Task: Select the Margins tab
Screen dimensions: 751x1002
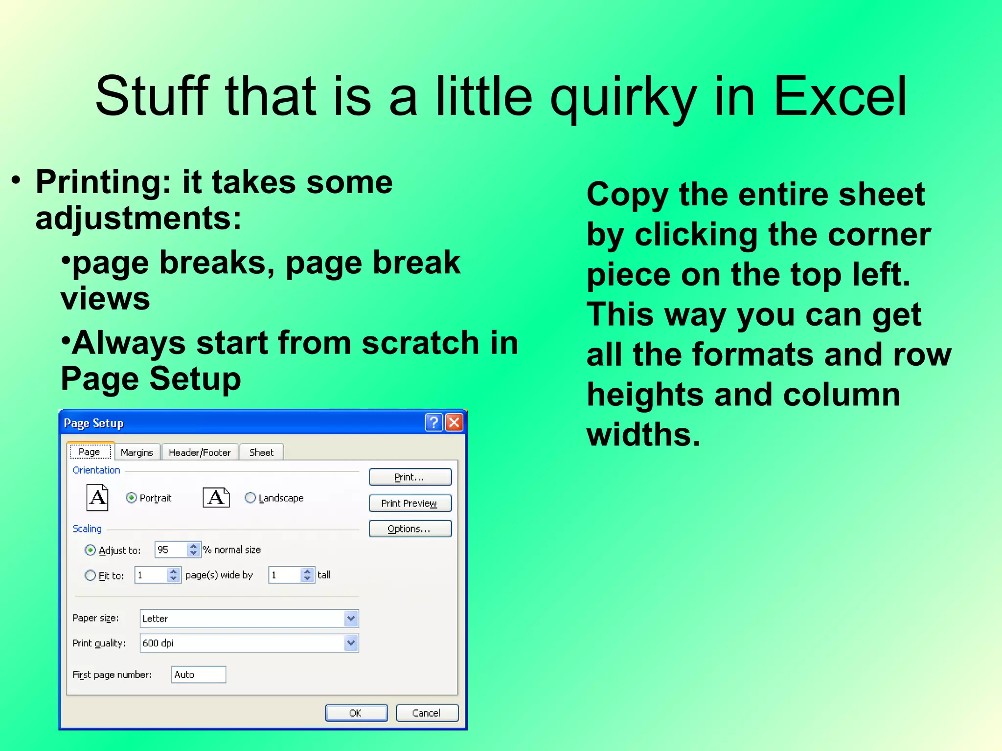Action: click(137, 452)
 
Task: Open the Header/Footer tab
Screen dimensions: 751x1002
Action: click(199, 452)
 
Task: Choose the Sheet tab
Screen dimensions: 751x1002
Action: click(261, 452)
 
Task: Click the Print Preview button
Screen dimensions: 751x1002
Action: click(410, 503)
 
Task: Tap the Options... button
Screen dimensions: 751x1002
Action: click(410, 529)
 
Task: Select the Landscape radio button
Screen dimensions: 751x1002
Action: click(250, 498)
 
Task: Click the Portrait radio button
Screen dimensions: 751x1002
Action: click(131, 498)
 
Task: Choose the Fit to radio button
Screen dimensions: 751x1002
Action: click(91, 575)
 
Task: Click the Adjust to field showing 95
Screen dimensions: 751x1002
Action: click(170, 550)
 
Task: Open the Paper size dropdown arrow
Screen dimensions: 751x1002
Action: click(351, 618)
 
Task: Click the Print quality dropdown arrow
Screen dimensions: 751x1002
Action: click(351, 643)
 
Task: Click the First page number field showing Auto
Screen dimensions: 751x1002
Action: click(198, 675)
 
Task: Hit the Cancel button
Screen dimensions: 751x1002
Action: click(427, 713)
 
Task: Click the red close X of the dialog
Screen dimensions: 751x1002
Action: click(454, 422)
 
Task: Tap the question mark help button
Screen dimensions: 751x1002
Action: click(433, 422)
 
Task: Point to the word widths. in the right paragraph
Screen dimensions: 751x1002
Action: click(643, 434)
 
